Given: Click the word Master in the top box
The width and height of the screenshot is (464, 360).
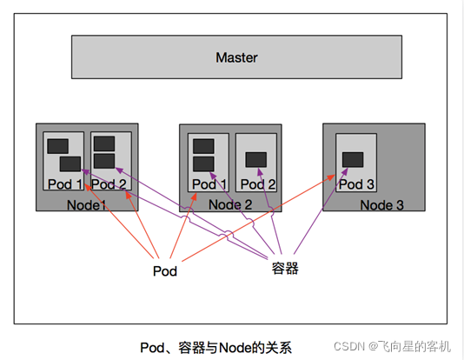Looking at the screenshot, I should [x=236, y=58].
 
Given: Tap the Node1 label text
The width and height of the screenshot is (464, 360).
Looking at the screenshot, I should [x=86, y=205].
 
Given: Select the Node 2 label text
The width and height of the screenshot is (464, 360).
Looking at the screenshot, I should [x=230, y=204].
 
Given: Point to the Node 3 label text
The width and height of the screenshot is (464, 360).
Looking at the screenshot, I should [x=382, y=205].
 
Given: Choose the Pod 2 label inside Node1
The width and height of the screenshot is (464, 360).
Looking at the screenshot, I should [x=109, y=184].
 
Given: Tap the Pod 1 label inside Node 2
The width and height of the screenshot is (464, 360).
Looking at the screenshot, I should [x=209, y=184].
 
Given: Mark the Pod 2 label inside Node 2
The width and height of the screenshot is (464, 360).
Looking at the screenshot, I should [x=257, y=184].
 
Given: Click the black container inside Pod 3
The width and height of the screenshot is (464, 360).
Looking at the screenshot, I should [x=352, y=159].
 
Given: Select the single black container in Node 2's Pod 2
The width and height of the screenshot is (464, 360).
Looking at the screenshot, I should [x=255, y=159].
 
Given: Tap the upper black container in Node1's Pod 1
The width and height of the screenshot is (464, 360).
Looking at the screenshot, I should [x=58, y=145].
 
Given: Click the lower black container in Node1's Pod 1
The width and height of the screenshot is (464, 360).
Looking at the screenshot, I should [x=70, y=163].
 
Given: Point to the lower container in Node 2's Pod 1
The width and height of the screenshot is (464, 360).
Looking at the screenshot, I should [x=203, y=163].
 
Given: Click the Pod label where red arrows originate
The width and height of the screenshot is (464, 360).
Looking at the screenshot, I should [x=164, y=270].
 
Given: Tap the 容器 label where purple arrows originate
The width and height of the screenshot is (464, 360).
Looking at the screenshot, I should [x=285, y=269].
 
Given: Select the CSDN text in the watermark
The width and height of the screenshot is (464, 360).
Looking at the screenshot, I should [x=348, y=346].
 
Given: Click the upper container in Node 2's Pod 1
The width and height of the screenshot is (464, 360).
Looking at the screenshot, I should [x=203, y=146].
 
